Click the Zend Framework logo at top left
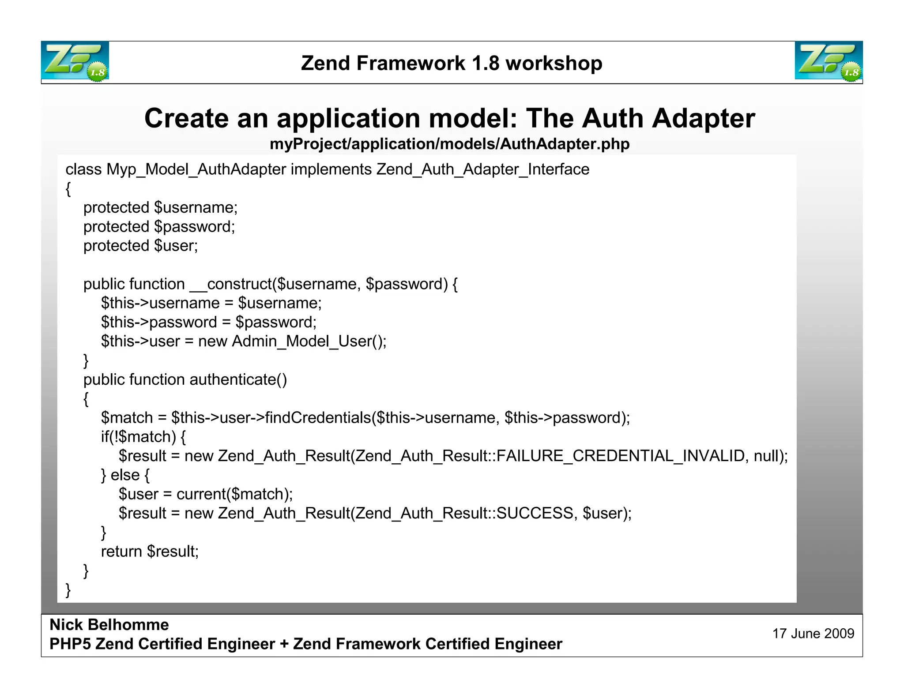[75, 61]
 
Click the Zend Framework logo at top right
[829, 61]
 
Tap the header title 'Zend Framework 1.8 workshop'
[452, 63]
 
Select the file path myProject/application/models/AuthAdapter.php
[449, 144]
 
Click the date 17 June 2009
[813, 634]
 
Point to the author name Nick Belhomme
[109, 625]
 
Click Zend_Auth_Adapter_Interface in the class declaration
[483, 169]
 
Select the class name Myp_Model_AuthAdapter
[196, 169]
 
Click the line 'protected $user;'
[140, 246]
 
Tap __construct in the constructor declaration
[231, 284]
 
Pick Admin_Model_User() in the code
[309, 341]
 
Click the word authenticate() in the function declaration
[238, 379]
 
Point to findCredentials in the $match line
[318, 417]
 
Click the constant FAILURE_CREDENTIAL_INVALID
[621, 456]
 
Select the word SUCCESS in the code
[535, 513]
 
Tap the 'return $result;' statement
[150, 552]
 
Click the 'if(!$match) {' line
[143, 437]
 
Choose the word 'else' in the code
[125, 475]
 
